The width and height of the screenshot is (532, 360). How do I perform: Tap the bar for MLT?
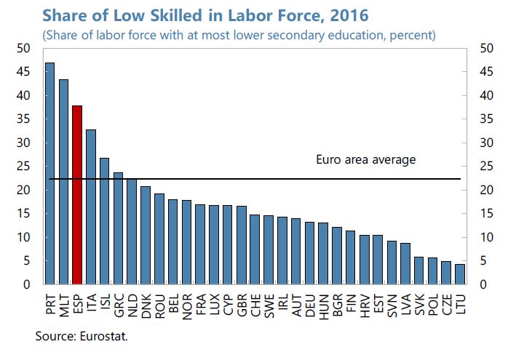click(63, 182)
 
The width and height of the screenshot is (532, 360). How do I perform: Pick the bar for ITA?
click(91, 207)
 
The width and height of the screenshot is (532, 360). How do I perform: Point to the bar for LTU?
click(459, 274)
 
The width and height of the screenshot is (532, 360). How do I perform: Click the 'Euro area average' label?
click(365, 160)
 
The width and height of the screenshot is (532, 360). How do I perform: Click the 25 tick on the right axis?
click(488, 167)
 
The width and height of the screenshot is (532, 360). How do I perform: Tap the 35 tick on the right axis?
click(488, 119)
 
